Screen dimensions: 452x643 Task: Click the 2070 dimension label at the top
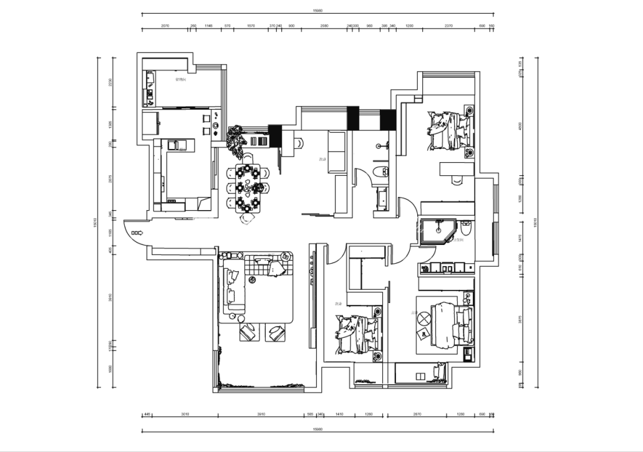(165, 26)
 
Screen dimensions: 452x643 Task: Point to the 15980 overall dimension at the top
(317, 10)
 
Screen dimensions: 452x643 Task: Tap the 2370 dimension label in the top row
(448, 26)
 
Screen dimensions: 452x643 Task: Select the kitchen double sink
(176, 146)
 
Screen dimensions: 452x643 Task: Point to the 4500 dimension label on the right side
(522, 125)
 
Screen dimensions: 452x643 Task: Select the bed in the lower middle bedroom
(357, 335)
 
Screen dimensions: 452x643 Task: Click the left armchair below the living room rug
(249, 332)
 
